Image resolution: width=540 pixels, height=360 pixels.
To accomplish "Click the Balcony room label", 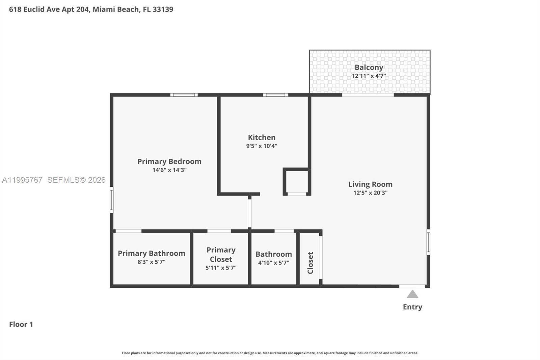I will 369,68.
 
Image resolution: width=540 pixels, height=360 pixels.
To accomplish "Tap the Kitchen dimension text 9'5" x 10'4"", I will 262,146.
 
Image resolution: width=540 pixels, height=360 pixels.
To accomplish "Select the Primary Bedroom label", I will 169,161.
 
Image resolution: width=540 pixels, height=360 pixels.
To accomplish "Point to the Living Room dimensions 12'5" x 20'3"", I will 370,193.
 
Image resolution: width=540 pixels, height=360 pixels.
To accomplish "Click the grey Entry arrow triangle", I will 412,294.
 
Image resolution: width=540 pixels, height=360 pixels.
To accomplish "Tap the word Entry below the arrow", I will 412,307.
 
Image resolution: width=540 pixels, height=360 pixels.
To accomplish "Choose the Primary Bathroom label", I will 151,253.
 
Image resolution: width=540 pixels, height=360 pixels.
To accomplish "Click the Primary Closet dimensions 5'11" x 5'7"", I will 221,268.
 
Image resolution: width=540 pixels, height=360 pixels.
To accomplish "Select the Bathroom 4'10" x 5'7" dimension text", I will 273,263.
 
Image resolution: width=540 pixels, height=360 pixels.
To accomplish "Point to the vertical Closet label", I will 310,263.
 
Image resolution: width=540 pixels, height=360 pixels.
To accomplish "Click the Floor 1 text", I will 21,324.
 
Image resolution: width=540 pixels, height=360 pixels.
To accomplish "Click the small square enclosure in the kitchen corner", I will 297,181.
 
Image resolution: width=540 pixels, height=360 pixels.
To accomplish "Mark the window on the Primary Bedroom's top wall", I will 184,95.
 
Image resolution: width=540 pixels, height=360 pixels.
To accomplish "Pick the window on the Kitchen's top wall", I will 275,95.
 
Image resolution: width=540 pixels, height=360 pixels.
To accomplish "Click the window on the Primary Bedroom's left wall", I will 112,200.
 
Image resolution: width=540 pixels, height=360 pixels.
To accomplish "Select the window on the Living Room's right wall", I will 428,242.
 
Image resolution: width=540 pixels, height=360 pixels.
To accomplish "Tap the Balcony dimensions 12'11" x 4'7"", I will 369,76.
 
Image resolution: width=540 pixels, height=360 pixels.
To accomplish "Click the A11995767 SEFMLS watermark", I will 54,180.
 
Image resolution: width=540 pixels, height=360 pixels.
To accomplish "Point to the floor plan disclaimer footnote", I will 270,353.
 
